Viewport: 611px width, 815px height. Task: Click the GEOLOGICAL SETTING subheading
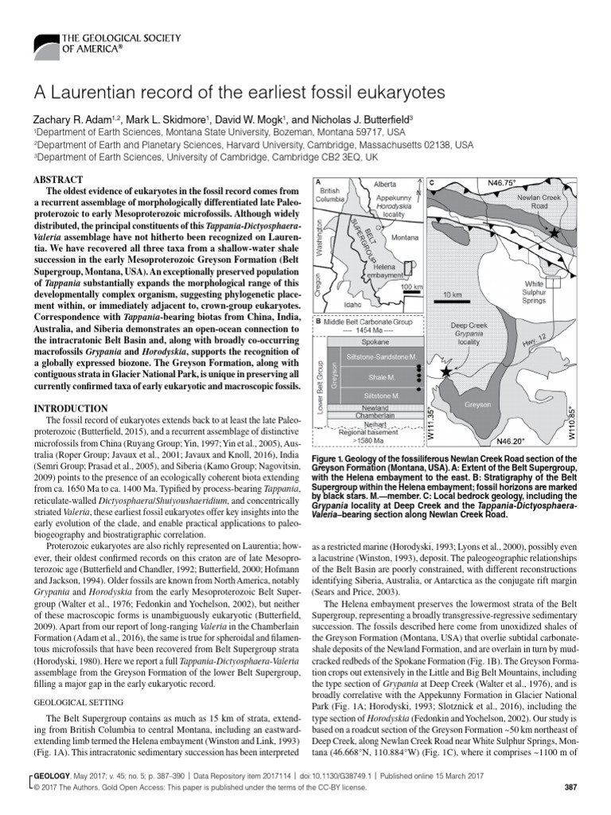point(75,703)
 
